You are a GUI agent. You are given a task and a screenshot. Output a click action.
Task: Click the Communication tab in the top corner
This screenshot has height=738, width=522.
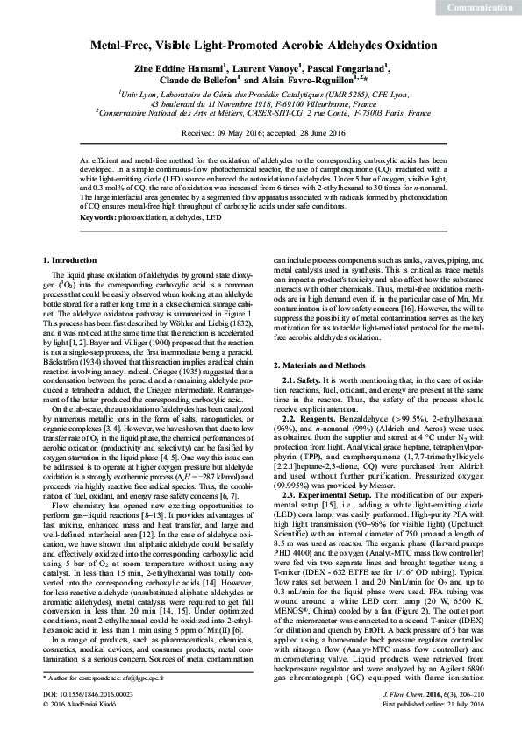[480, 8]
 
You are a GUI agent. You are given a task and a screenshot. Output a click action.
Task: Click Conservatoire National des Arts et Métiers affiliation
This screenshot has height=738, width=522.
[263, 113]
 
